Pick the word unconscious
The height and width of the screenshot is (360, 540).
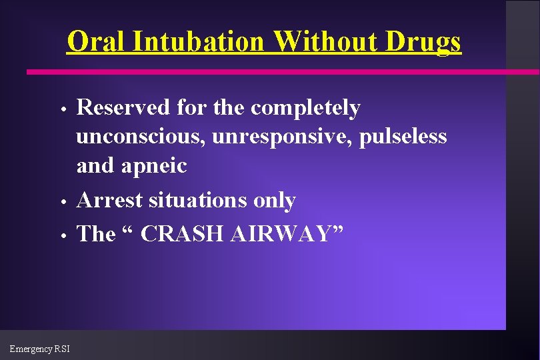[x=140, y=137]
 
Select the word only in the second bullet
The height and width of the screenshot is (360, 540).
[x=276, y=200]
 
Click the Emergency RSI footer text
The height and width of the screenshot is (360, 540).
[x=39, y=349]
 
